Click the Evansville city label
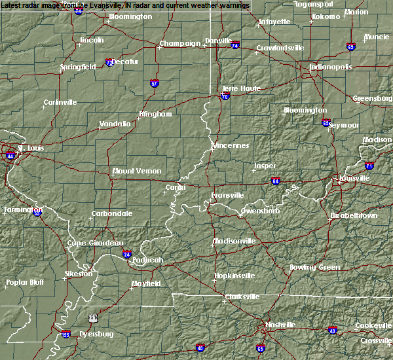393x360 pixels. [x=227, y=195]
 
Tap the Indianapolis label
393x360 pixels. [x=331, y=67]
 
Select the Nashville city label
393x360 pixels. [x=280, y=325]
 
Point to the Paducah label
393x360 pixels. [x=147, y=260]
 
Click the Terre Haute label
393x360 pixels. [x=241, y=88]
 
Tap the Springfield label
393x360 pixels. [x=78, y=67]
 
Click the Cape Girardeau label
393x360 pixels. [x=96, y=243]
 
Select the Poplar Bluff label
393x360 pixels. [x=24, y=283]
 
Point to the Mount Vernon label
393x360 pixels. [x=137, y=171]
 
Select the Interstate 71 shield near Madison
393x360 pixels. [x=370, y=166]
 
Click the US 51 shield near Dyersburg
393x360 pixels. [x=94, y=317]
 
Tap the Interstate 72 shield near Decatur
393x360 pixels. [x=110, y=63]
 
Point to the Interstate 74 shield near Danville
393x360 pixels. [x=235, y=46]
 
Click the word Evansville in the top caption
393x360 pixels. [x=113, y=5]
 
